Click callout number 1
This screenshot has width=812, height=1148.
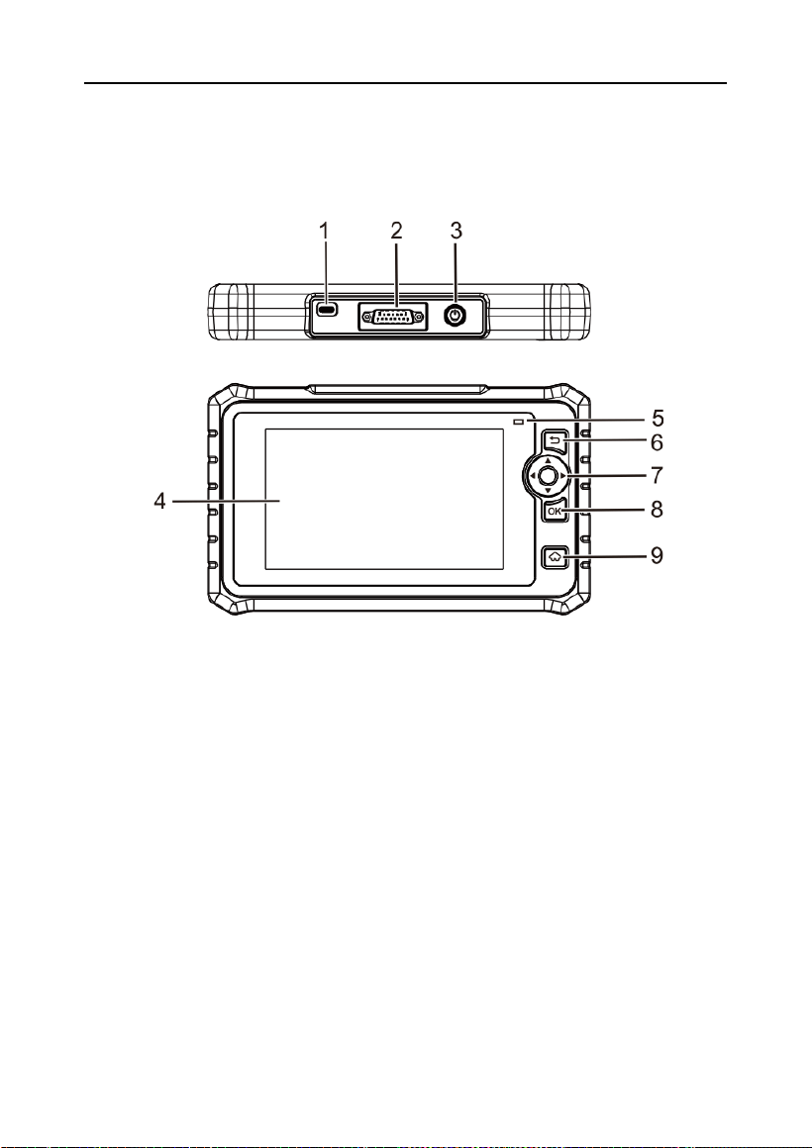(x=324, y=231)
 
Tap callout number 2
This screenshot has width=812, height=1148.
(x=396, y=231)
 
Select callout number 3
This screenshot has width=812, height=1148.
(x=456, y=231)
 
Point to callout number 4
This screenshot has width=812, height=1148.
(x=159, y=503)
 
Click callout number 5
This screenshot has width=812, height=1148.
(x=658, y=418)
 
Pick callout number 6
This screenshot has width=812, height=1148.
(x=658, y=442)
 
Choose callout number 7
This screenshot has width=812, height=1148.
(x=658, y=475)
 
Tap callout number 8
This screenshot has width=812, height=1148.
(x=658, y=509)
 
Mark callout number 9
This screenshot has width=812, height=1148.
(x=658, y=556)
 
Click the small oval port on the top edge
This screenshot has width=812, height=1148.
(x=327, y=311)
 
